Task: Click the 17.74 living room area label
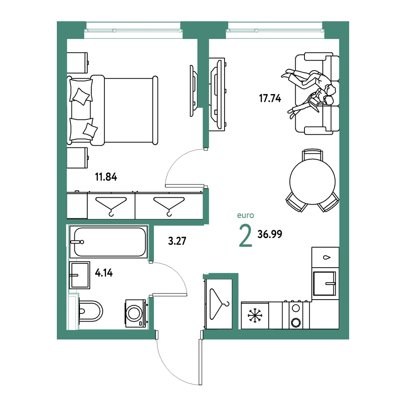point(270,98)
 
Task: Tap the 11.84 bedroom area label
point(106,177)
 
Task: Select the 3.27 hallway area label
point(177,241)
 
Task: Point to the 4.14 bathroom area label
point(104,273)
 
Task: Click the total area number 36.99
point(270,234)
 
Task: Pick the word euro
point(246,215)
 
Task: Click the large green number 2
point(246,235)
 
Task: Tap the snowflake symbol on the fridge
point(255,315)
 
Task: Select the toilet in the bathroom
point(91,311)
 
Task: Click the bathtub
point(109,242)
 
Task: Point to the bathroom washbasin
point(80,275)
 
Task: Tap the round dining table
point(313,181)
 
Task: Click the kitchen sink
point(325,283)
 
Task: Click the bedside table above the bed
point(78,63)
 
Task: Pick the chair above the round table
point(313,154)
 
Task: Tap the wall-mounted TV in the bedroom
point(193,91)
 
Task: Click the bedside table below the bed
point(78,158)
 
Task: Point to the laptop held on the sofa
point(314,101)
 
